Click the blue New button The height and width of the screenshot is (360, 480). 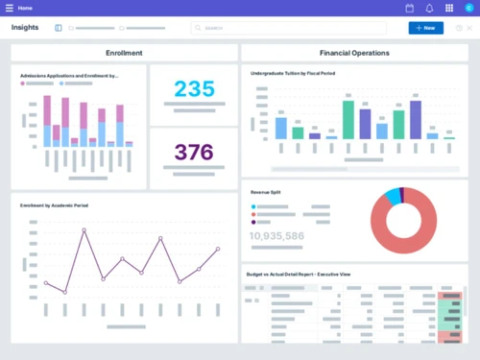(425, 28)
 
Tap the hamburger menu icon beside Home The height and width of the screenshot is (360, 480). (10, 8)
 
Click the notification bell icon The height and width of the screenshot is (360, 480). (429, 8)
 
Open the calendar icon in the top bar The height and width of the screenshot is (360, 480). (410, 8)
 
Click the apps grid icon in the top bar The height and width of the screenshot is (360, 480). (449, 8)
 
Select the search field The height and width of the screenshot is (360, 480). (288, 28)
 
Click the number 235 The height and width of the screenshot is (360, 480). (194, 89)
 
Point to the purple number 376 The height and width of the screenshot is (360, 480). (194, 152)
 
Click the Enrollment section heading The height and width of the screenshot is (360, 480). (124, 53)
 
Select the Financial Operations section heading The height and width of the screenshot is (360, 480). (354, 53)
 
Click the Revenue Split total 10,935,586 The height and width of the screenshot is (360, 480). (276, 235)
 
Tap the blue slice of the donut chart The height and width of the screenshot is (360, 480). (393, 196)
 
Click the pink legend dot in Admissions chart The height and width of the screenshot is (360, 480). (22, 84)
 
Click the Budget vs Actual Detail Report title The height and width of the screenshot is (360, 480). (299, 275)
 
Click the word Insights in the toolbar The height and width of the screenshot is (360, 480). (26, 28)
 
